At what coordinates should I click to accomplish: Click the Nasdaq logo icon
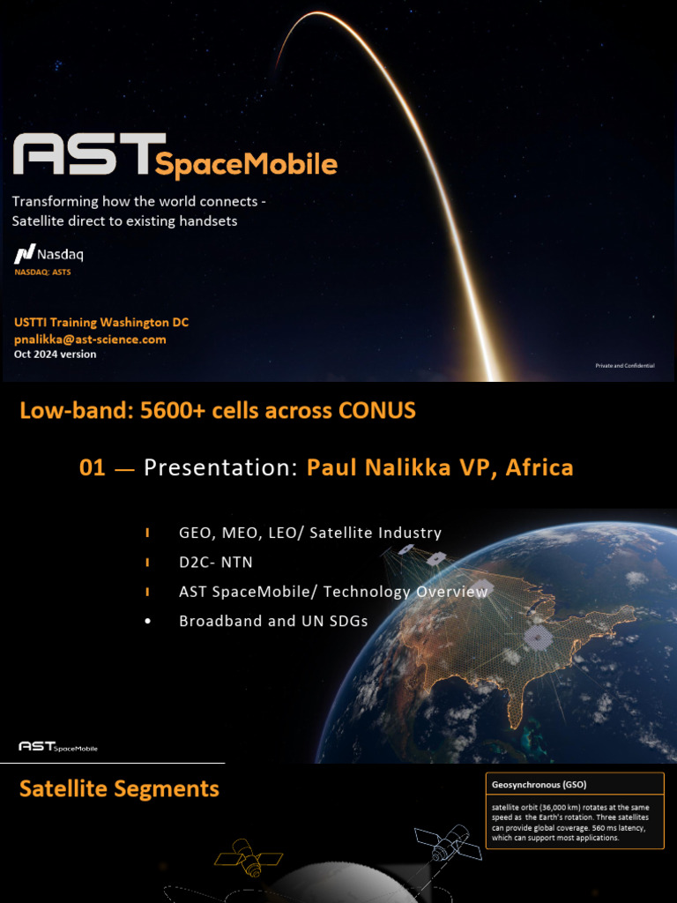24,255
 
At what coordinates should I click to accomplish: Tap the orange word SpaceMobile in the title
246,164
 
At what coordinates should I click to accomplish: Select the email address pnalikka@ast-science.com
90,339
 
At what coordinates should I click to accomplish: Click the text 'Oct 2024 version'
55,354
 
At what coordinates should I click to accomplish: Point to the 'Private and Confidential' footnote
625,364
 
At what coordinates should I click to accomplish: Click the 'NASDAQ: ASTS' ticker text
42,272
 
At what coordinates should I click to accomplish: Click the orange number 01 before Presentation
92,467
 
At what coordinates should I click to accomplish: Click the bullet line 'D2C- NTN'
216,563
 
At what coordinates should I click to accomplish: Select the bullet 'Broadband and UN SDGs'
273,621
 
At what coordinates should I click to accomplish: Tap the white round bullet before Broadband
147,621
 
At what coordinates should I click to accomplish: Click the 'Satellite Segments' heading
119,788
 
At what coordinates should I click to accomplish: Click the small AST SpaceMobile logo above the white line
58,747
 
